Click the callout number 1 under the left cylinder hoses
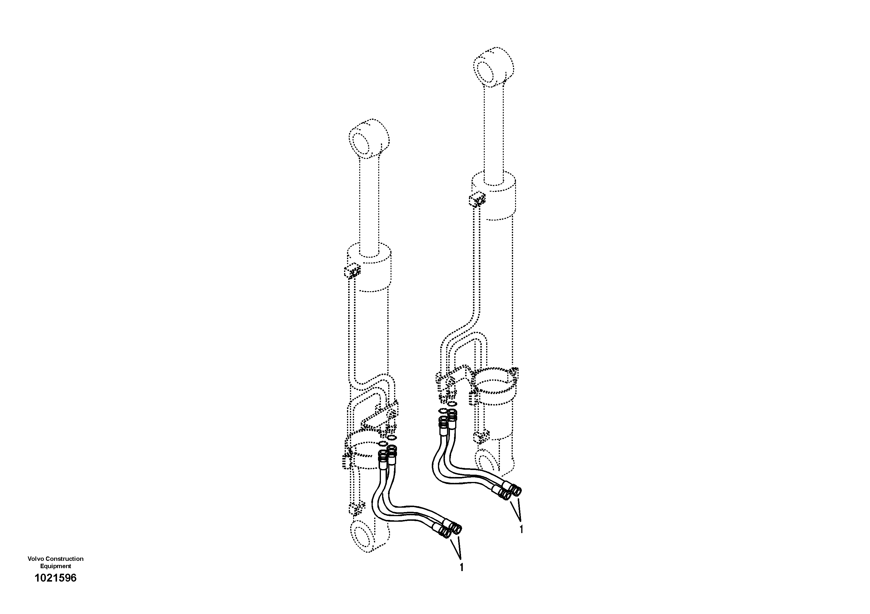coord(461,578)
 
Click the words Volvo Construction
coord(55,559)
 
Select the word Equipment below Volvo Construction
coord(55,566)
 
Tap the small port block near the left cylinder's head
coord(352,271)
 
